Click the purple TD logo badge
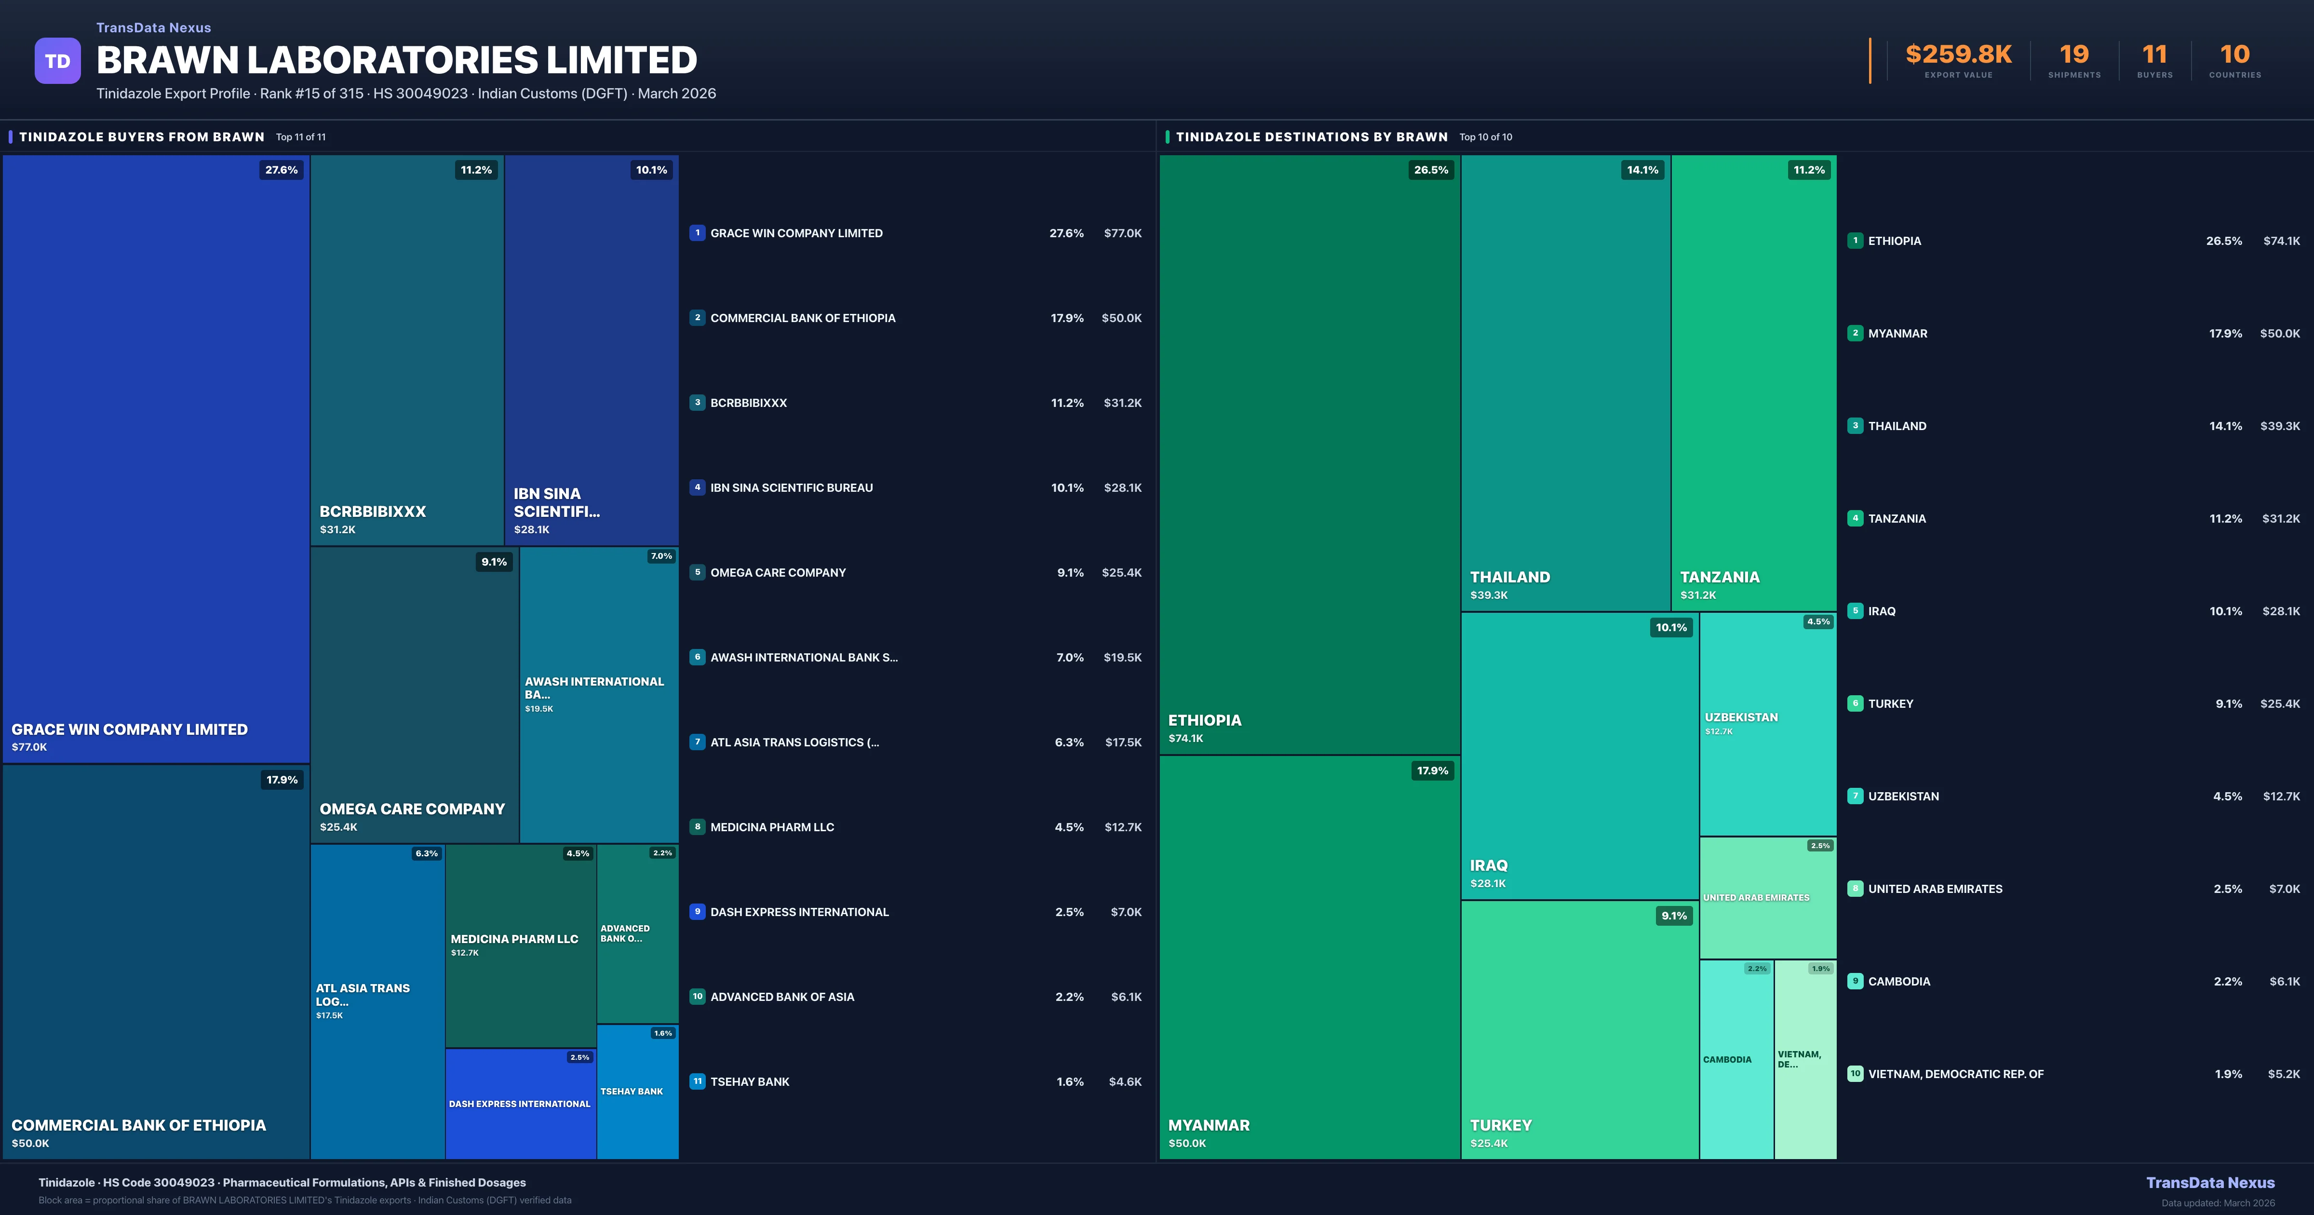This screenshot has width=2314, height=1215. (57, 61)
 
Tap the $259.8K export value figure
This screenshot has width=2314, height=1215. (1958, 55)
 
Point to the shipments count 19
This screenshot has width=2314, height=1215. (2074, 55)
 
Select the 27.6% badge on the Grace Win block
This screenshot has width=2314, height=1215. (281, 170)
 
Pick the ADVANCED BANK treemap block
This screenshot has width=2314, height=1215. (637, 934)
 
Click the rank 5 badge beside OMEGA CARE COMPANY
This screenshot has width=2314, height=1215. (697, 572)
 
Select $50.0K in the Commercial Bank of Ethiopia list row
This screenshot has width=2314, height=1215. (1121, 318)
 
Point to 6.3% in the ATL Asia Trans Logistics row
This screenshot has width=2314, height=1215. (1069, 742)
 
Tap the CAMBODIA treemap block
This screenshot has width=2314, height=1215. (1735, 1060)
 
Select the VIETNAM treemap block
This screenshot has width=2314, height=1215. (1804, 1060)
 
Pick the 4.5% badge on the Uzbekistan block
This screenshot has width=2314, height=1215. (1818, 622)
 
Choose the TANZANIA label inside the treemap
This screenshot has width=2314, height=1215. (1719, 577)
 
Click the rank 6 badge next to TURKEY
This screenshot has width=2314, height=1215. (1855, 703)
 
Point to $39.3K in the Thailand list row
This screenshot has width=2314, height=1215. (2280, 426)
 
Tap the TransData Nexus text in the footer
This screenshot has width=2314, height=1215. (2210, 1183)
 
